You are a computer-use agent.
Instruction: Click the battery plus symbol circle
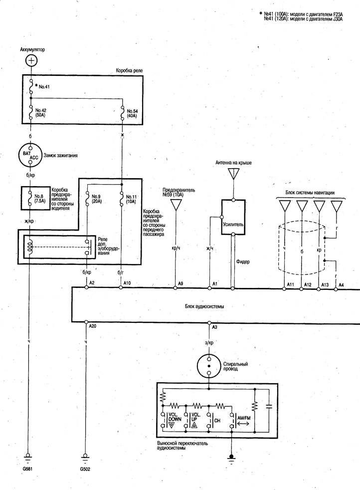point(31,60)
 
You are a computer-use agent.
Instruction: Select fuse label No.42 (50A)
point(40,113)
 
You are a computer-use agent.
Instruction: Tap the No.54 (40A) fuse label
point(132,113)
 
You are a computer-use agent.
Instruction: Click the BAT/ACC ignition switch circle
point(30,156)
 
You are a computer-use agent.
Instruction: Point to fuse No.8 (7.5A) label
point(40,199)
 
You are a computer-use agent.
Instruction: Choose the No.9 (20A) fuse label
point(96,199)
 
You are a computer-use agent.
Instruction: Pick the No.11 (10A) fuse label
point(131,199)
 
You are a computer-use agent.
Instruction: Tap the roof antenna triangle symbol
point(233,174)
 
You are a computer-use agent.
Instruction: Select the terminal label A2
point(92,282)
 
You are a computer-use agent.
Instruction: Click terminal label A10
point(127,283)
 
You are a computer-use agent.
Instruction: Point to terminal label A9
point(180,283)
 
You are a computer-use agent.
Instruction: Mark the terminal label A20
point(93,326)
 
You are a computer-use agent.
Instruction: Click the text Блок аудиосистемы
point(204,306)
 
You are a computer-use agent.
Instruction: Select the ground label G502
point(85,469)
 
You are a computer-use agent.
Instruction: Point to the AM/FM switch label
point(244,418)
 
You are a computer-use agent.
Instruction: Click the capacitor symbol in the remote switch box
point(268,407)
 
